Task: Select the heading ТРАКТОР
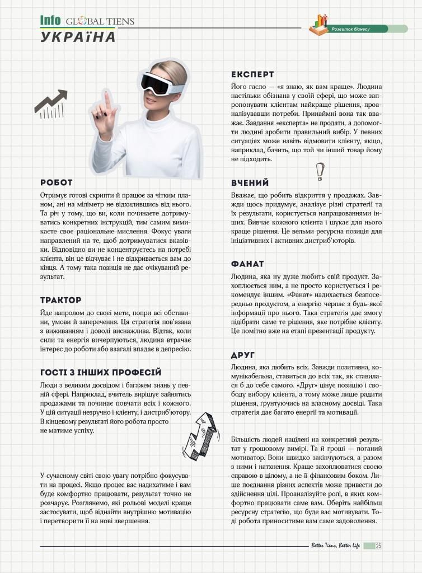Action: [x=61, y=300]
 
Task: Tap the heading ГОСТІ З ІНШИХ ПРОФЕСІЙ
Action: [x=101, y=372]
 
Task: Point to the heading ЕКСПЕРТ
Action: [x=252, y=74]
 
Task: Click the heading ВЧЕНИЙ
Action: [x=250, y=183]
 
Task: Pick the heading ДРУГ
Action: [x=243, y=355]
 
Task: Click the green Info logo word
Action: [x=50, y=21]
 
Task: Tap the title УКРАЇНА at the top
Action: [x=78, y=37]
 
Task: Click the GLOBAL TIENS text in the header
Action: [x=100, y=22]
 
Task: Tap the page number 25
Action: [x=378, y=546]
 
